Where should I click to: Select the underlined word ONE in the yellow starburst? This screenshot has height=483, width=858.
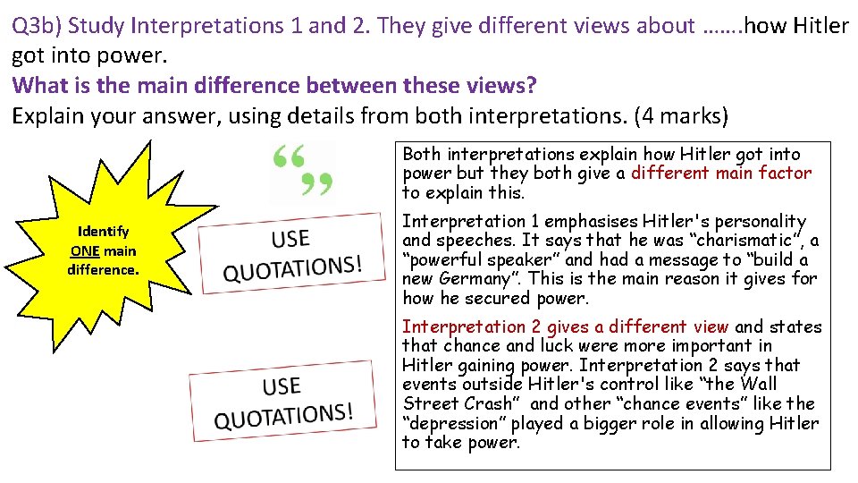(84, 250)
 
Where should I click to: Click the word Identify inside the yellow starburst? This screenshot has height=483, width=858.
(103, 232)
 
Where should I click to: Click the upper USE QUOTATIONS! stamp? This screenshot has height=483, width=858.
(292, 252)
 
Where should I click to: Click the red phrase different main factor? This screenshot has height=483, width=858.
(721, 173)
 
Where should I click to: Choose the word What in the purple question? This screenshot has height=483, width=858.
(38, 86)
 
